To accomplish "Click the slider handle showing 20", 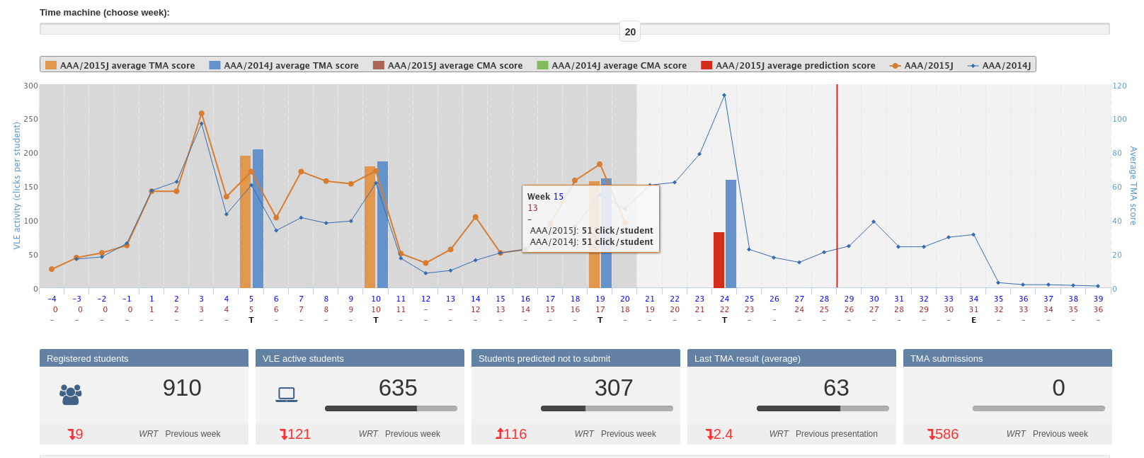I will pos(630,31).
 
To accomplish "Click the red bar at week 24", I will pos(719,261).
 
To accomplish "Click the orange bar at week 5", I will pos(245,222).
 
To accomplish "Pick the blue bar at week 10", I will pos(382,224).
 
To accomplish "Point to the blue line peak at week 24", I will pos(724,95).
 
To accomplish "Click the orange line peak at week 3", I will pos(202,113).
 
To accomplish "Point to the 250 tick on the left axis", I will pos(30,119).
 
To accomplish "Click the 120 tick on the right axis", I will pos(1119,86).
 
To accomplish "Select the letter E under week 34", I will pos(973,320).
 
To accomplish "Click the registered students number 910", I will pos(182,388).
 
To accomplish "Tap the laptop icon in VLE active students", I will pos(287,394).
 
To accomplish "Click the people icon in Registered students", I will pos(71,394).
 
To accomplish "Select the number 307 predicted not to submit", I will pos(613,388).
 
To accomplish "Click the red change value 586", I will pos(944,434).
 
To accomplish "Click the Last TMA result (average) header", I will pos(747,358).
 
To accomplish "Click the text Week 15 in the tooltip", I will pos(545,197).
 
